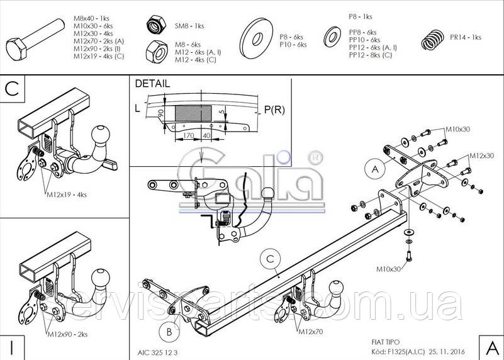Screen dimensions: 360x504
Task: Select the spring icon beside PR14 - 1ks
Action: click(434, 39)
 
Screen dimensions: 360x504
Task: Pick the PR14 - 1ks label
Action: click(466, 37)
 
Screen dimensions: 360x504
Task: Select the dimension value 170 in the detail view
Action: click(187, 135)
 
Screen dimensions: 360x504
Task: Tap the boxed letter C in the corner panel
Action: click(11, 89)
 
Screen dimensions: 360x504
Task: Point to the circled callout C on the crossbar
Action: click(269, 257)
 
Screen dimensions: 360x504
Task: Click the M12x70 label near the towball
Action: click(310, 331)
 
